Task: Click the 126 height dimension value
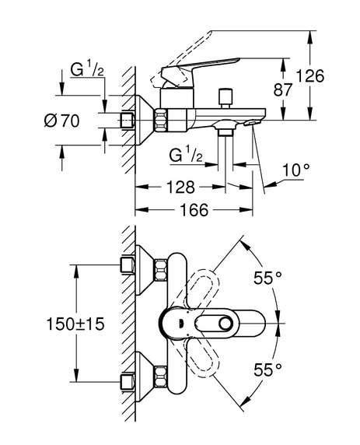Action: (x=309, y=76)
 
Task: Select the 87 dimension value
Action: (x=282, y=90)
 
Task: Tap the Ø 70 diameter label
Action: (x=62, y=121)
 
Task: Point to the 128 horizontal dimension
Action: (x=180, y=187)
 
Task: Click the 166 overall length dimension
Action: (x=194, y=210)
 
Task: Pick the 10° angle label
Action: (x=296, y=170)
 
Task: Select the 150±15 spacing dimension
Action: (x=75, y=324)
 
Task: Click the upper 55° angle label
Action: (x=267, y=278)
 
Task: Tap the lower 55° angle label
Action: (x=267, y=370)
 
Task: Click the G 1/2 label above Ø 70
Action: (x=87, y=69)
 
